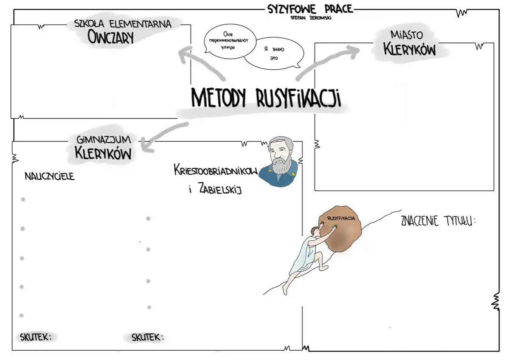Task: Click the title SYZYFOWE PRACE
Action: [310, 9]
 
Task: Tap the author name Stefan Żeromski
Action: [309, 18]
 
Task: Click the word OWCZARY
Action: [111, 37]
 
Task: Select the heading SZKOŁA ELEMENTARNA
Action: [123, 24]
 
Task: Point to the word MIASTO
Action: [406, 35]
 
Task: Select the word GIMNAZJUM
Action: [104, 139]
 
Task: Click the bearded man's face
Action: [280, 155]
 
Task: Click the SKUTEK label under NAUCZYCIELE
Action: [36, 337]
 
